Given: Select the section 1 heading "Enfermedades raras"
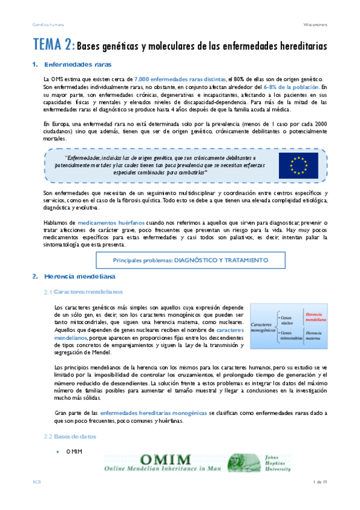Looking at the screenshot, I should (78, 64).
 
